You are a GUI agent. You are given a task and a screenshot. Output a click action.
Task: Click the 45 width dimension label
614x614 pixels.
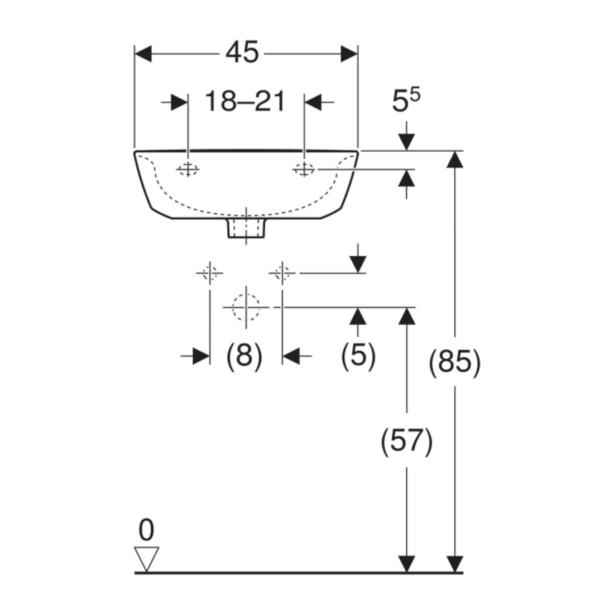coord(242,52)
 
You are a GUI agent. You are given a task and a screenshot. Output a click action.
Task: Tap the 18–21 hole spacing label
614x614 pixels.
coord(245,102)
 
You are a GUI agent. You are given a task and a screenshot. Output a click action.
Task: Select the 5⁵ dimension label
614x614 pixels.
coord(406,100)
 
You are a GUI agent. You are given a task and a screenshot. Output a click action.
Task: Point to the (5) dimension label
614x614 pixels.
coord(358,355)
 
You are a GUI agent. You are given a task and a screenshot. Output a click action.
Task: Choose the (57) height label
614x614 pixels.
coord(407,442)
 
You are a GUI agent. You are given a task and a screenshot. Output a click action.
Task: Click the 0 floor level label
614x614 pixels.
coord(146,530)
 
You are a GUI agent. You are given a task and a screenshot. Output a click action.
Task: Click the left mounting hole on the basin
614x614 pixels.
coord(188,170)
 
